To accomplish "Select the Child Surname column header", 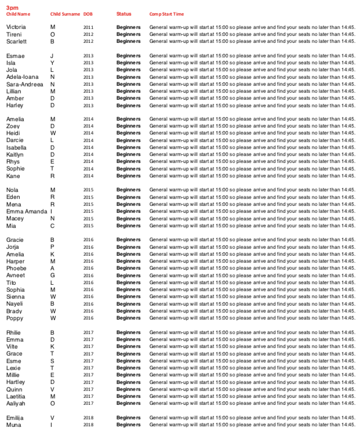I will pos(65,14).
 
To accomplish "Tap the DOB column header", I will pos(88,14).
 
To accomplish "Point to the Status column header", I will pos(123,14).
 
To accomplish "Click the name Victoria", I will pos(16,27).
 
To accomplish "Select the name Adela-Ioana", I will pos(22,77).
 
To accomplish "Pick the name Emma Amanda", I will pos(26,212).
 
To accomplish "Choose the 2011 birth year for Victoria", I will pos(88,27).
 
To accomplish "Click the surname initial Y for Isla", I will pos(52,63).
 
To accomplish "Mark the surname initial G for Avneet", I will pos(53,276).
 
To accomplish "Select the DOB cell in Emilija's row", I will pos(88,418).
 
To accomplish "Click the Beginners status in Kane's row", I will pos(128,176).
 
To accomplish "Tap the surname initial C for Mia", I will pos(53,226).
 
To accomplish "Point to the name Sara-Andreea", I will pos(24,84).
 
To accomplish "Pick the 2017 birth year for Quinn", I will pos(88,390).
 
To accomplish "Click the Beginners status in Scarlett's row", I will pos(128,42).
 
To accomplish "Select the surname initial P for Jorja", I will pos(52,247).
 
